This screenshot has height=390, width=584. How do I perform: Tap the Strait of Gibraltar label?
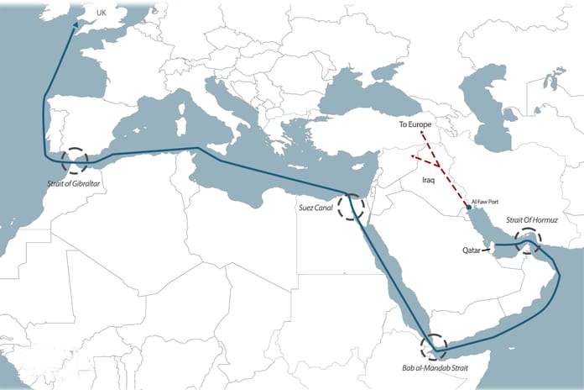coord(76,179)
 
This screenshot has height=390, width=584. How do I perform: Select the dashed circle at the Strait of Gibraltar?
coord(75,160)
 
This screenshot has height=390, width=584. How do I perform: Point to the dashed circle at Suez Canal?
coord(352,206)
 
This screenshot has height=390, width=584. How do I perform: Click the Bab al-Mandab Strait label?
coord(435,368)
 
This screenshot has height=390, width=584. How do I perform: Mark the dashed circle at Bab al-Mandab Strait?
coord(435,346)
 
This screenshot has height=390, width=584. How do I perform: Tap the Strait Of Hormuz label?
coord(531,220)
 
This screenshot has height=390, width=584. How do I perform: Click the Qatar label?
coord(472,250)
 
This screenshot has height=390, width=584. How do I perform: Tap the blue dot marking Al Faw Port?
coord(468,207)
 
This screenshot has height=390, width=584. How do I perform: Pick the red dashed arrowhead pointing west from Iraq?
coord(411,155)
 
